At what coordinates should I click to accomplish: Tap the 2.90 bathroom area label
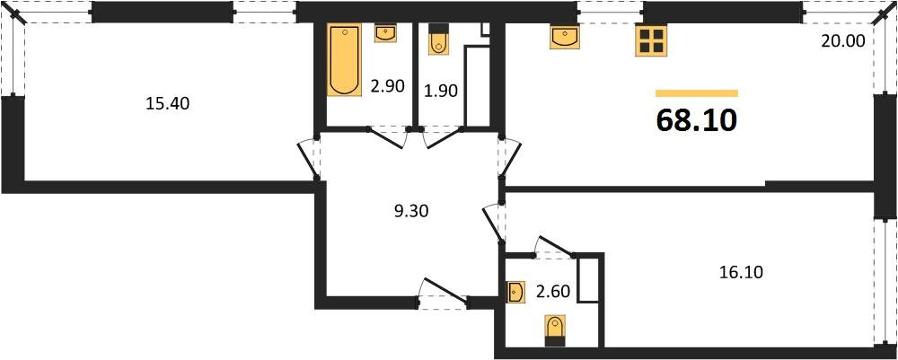[388, 86]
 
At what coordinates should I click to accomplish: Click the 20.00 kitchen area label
[843, 40]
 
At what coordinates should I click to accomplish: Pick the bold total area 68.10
[697, 120]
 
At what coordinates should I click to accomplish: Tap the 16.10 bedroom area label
[741, 272]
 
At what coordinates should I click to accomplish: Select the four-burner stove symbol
[651, 38]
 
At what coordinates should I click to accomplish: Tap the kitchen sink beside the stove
[566, 37]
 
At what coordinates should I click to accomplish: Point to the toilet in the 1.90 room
[439, 39]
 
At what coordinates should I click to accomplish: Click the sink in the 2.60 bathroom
[516, 293]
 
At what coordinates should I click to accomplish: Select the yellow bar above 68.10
[697, 92]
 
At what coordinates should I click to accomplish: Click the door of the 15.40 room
[309, 157]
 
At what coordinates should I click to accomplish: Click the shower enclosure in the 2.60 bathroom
[588, 278]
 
